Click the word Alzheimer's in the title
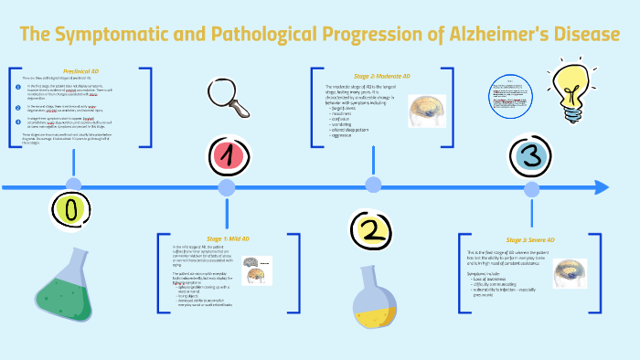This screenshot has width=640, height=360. pos(484,36)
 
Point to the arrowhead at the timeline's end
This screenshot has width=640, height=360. pos(601,187)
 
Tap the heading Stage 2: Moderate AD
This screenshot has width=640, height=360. pos(381,75)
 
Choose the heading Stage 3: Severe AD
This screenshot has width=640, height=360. pos(530,239)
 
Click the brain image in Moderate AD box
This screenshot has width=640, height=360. pos(427,111)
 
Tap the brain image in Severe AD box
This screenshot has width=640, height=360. pos(571,271)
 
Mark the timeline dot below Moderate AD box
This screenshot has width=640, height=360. pos(373,185)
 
